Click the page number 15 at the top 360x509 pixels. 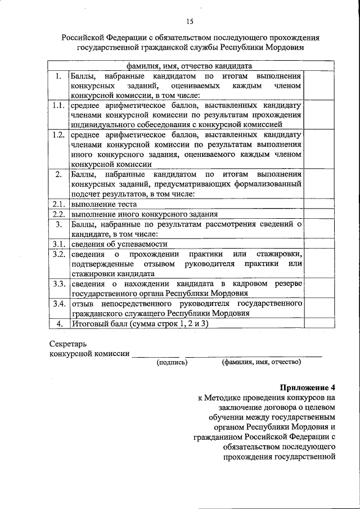click(x=190, y=21)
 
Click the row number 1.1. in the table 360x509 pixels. click(x=57, y=106)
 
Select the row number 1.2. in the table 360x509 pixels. click(x=57, y=136)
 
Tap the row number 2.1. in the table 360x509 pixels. click(x=57, y=204)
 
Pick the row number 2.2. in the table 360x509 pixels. click(x=57, y=214)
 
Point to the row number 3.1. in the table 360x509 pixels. click(x=57, y=244)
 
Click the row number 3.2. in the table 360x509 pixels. click(x=57, y=254)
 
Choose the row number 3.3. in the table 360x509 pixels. click(x=57, y=283)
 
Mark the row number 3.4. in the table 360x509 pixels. click(x=57, y=304)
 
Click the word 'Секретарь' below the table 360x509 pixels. click(x=68, y=343)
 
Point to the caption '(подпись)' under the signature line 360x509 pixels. click(x=172, y=362)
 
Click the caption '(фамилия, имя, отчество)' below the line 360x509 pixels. click(x=261, y=362)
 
